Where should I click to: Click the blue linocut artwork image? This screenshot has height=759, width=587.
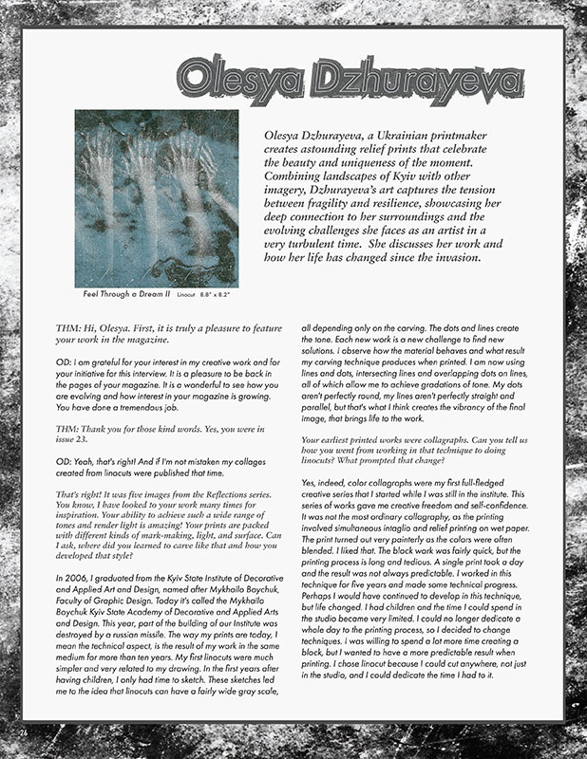pyautogui.click(x=156, y=196)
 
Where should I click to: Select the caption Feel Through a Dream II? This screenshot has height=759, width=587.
pyautogui.click(x=126, y=294)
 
